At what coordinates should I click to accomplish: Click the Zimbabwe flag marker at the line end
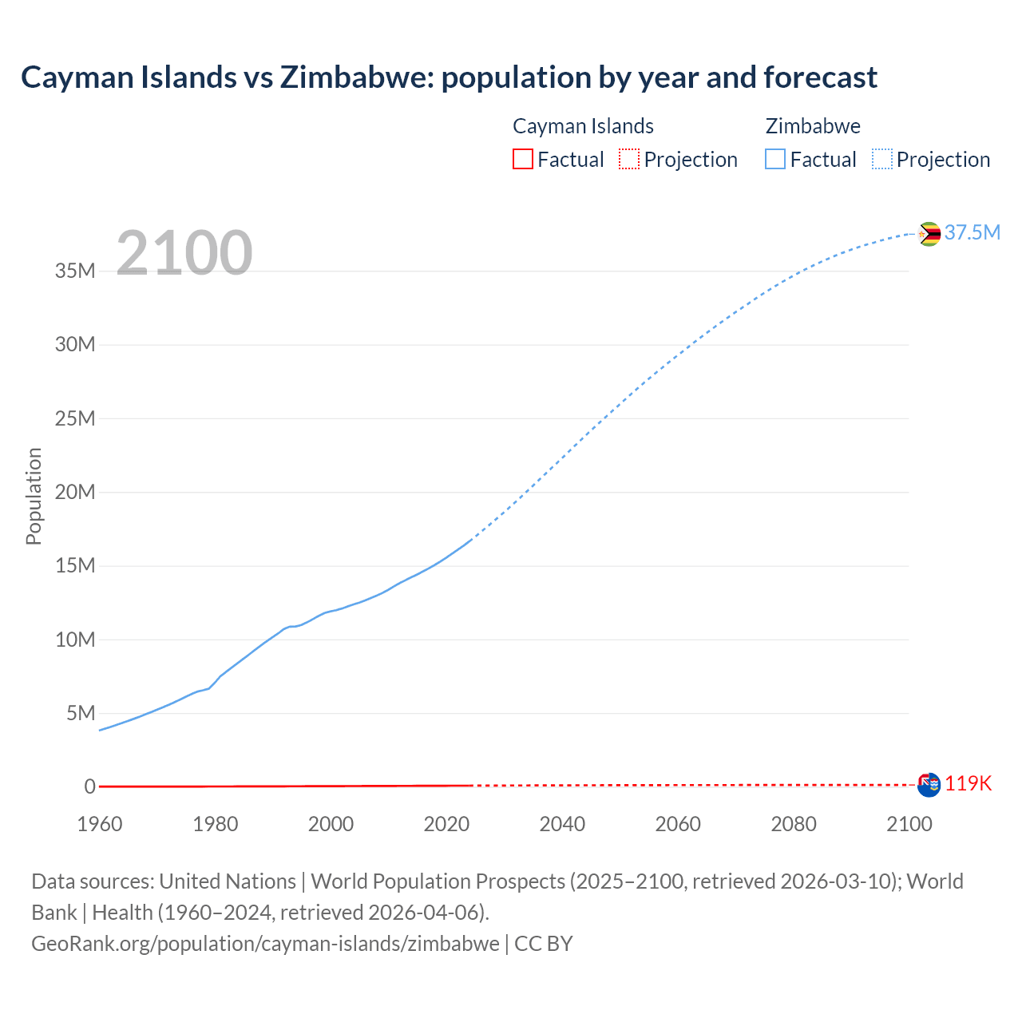point(929,234)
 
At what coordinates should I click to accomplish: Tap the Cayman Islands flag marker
point(929,785)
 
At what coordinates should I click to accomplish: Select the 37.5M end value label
point(972,232)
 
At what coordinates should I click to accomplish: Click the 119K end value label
point(968,783)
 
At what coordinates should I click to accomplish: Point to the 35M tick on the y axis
point(75,271)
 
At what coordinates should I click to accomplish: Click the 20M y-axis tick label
point(75,492)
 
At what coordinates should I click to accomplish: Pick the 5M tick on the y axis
point(81,713)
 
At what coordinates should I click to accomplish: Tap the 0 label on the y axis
point(89,786)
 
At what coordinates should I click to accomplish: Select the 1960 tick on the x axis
point(100,824)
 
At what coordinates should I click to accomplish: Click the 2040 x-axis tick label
point(562,824)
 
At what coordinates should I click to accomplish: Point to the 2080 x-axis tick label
point(793,824)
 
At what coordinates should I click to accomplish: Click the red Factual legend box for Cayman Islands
point(522,160)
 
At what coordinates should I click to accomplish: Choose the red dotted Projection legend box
point(629,160)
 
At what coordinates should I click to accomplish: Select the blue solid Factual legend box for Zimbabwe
point(775,160)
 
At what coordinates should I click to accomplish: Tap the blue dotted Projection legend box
point(881,160)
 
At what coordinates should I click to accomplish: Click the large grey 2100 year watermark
point(184,253)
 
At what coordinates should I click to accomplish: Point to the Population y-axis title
point(34,496)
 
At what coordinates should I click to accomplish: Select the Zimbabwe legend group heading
point(812,126)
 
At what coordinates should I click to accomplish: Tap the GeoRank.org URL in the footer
point(265,943)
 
